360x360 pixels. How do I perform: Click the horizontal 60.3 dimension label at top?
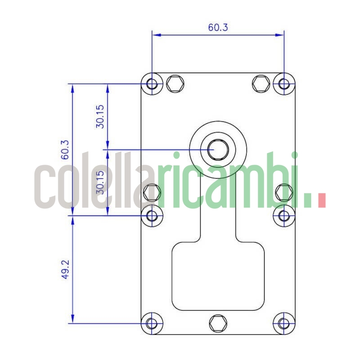click(218, 27)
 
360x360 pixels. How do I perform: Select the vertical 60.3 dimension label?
click(65, 150)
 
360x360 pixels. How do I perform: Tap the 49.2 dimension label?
click(65, 269)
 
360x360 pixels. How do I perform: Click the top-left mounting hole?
click(153, 84)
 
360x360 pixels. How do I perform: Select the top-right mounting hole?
click(284, 84)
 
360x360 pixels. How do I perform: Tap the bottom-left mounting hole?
click(153, 323)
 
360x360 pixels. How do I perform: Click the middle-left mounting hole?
click(153, 215)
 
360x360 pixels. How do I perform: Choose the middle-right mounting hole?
click(283, 215)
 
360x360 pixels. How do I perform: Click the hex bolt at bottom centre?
click(218, 323)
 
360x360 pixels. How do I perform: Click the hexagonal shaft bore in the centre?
click(218, 149)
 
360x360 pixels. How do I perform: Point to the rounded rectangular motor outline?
click(218, 275)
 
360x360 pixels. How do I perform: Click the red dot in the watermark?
click(321, 201)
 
